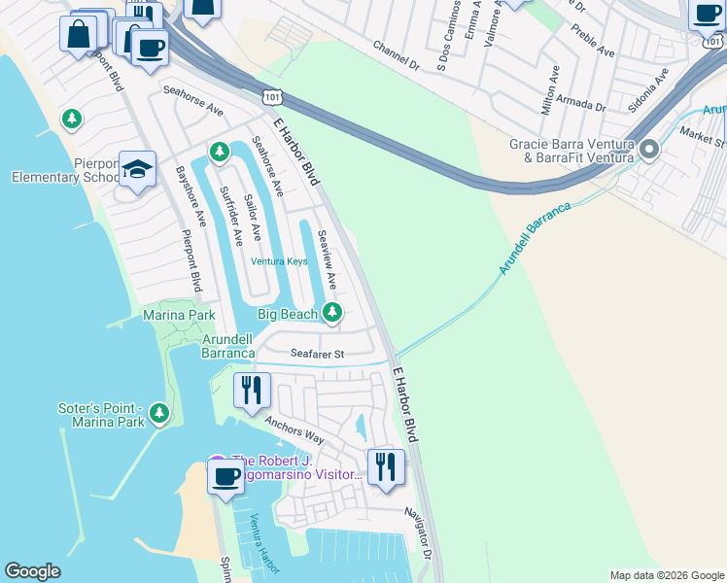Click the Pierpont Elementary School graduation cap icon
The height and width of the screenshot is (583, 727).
pyautogui.click(x=138, y=169)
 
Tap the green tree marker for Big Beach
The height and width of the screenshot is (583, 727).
pyautogui.click(x=332, y=312)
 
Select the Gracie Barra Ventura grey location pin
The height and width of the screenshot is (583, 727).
pyautogui.click(x=649, y=150)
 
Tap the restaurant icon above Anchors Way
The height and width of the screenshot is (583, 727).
pyautogui.click(x=252, y=390)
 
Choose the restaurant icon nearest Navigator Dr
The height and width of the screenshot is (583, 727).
pyautogui.click(x=386, y=466)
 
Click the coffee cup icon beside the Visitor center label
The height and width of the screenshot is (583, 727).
pyautogui.click(x=225, y=477)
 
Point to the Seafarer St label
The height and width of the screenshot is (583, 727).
pyautogui.click(x=313, y=355)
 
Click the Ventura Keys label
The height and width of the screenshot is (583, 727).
pyautogui.click(x=279, y=261)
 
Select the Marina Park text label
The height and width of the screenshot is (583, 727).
pyautogui.click(x=179, y=316)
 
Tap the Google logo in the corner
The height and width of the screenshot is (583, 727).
pyautogui.click(x=32, y=571)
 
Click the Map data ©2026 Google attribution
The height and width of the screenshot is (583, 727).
pyautogui.click(x=667, y=575)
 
